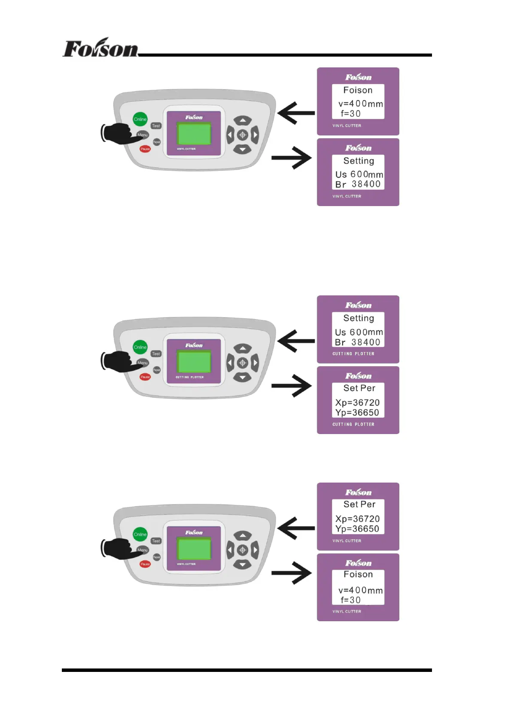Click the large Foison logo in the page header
(100, 48)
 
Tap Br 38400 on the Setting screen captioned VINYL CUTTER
(358, 184)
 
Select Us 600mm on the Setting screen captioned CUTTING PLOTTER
(359, 332)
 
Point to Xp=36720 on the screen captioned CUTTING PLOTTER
(357, 402)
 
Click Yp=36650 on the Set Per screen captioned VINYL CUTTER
(357, 529)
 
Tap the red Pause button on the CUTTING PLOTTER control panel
(145, 377)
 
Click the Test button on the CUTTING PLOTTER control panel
(156, 354)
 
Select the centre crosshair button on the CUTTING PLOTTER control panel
(243, 363)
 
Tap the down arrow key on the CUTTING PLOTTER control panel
(243, 377)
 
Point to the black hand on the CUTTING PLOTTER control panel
(117, 361)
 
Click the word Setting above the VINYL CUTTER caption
(359, 161)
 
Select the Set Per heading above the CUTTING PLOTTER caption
(359, 388)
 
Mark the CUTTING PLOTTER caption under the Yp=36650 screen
(353, 424)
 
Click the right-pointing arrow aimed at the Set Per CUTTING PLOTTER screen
(292, 385)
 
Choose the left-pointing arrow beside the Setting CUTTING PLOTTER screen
(296, 341)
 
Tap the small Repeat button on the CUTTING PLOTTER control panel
(157, 370)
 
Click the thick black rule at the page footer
(246, 670)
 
